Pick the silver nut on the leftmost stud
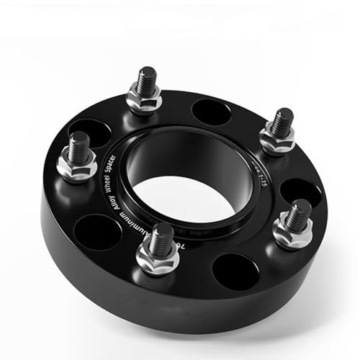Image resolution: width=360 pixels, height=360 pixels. (x=77, y=166)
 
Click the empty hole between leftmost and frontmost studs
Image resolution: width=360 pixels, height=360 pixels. (x=98, y=232)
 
